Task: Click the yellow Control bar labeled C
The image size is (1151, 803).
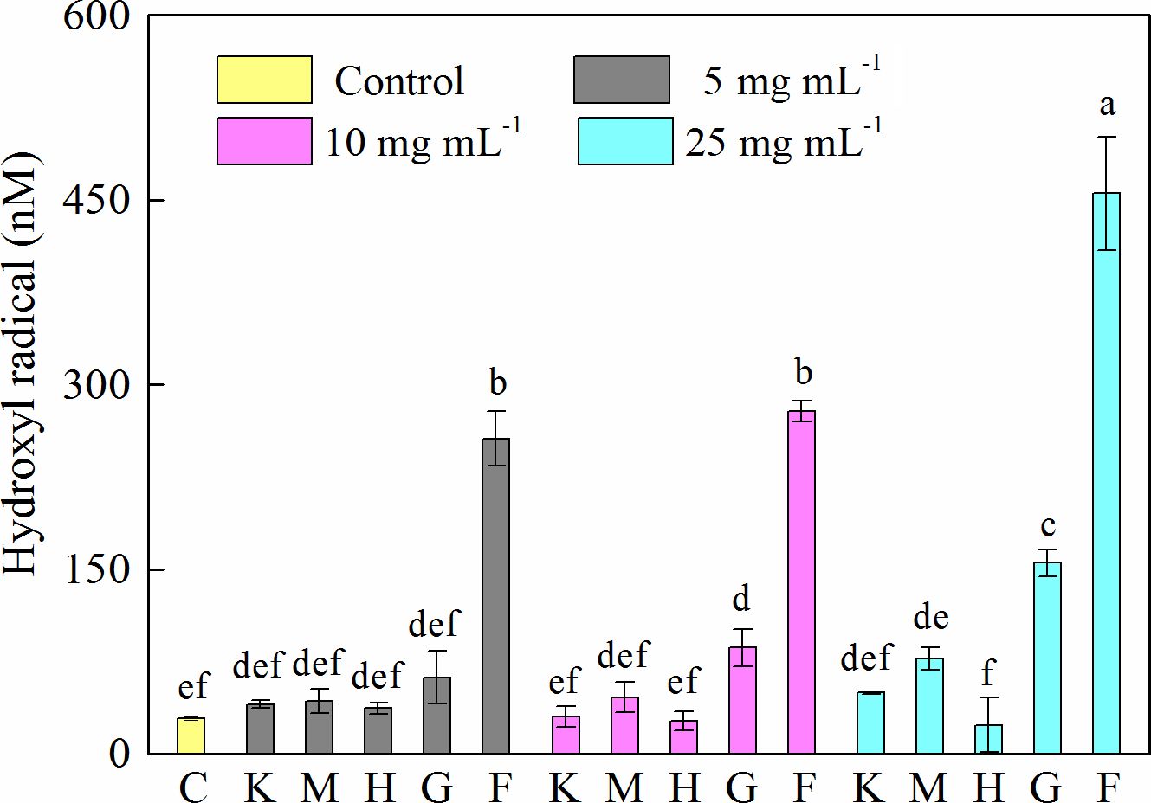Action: pos(191,736)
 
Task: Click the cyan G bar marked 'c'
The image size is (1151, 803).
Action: pos(1047,658)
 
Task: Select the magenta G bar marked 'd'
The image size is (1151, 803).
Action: pos(742,700)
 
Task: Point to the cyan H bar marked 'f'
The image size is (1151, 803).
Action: pos(988,739)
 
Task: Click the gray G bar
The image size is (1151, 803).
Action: pos(436,715)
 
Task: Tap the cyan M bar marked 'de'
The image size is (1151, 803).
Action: pos(929,705)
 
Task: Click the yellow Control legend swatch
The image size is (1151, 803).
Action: pos(264,80)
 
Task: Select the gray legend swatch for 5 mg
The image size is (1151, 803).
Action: pos(621,80)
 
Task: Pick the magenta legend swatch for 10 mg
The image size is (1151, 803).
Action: pos(264,141)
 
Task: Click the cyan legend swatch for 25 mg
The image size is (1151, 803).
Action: pos(625,141)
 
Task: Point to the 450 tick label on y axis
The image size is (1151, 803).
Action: pos(96,200)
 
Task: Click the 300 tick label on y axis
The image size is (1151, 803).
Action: pos(96,384)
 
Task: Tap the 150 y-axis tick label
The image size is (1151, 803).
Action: pos(96,569)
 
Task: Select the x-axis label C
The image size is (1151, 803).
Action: pos(192,787)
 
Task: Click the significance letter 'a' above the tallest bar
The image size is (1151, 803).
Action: pos(1107,106)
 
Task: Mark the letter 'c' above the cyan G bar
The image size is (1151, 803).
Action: pos(1048,525)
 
